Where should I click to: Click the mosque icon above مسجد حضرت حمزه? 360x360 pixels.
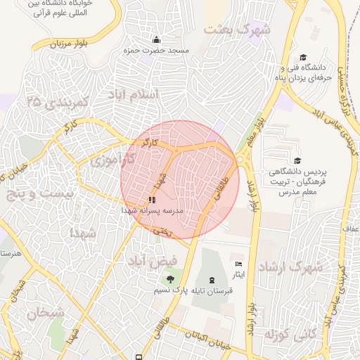[155, 39]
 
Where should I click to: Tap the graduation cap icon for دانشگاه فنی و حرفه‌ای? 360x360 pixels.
[303, 58]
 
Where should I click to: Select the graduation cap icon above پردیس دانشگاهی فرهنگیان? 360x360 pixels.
[297, 161]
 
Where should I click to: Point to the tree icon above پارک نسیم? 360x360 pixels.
[169, 281]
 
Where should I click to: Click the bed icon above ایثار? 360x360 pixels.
[238, 263]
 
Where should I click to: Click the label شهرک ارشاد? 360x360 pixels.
[289, 268]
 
